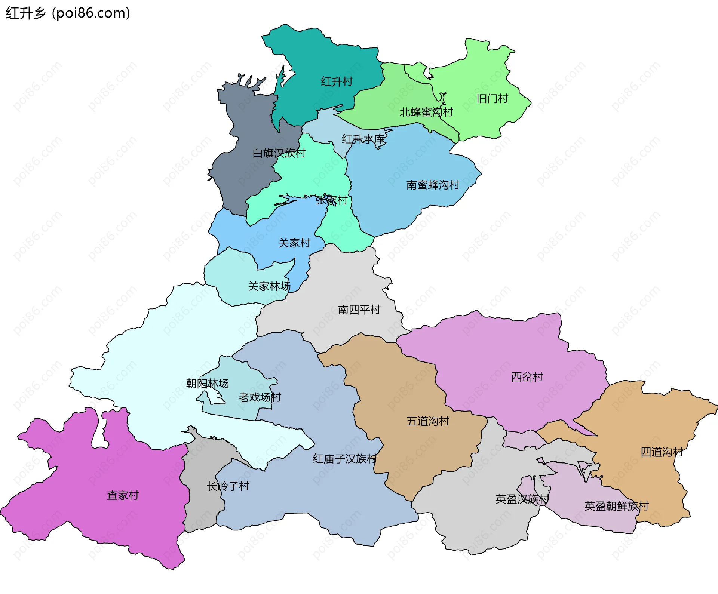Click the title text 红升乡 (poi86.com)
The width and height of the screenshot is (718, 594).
(x=68, y=13)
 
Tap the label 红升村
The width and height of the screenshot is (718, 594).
(x=337, y=81)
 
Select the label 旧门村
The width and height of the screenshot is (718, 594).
(x=492, y=99)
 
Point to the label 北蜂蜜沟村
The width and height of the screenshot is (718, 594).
(x=426, y=112)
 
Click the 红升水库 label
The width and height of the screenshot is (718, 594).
(x=363, y=139)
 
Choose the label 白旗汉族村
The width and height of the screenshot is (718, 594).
(x=279, y=153)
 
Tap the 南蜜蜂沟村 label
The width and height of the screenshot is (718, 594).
(x=433, y=185)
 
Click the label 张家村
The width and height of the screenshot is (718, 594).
(x=331, y=200)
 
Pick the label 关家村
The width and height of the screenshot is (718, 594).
(x=294, y=243)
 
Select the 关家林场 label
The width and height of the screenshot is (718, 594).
(x=269, y=286)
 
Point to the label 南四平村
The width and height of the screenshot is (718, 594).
(x=359, y=310)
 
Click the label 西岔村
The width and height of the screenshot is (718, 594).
(x=527, y=377)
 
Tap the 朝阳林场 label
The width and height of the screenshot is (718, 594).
(x=207, y=383)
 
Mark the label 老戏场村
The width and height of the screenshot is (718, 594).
(x=260, y=397)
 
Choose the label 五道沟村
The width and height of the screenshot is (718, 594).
(x=428, y=421)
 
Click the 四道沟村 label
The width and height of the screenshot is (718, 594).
(x=662, y=452)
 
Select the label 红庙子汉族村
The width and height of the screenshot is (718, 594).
(x=345, y=459)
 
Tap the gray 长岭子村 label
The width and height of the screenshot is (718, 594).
(x=228, y=486)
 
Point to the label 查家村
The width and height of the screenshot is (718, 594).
(x=123, y=495)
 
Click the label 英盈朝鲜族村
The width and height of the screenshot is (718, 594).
(x=616, y=506)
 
